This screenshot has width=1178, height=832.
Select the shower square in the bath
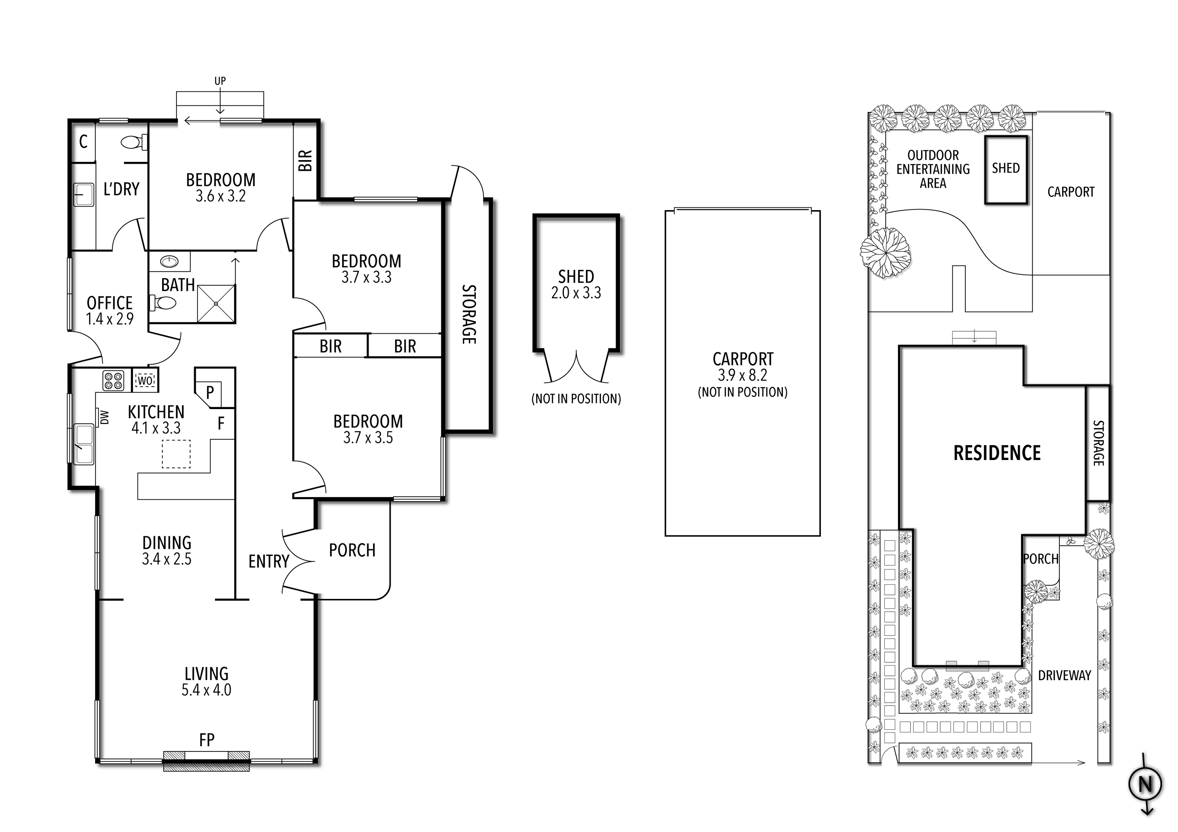pyautogui.click(x=216, y=304)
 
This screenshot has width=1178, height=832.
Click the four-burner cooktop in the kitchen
pyautogui.click(x=114, y=381)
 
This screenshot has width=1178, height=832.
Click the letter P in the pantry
pyautogui.click(x=210, y=393)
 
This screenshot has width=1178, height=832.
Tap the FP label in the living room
pyautogui.click(x=207, y=740)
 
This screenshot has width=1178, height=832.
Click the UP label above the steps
pyautogui.click(x=220, y=81)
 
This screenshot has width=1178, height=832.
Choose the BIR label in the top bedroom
pyautogui.click(x=305, y=161)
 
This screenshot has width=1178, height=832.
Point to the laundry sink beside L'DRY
pyautogui.click(x=83, y=195)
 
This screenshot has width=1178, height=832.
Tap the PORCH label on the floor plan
pyautogui.click(x=352, y=550)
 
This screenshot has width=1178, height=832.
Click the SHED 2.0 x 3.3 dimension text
pyautogui.click(x=576, y=293)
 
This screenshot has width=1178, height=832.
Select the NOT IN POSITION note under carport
pyautogui.click(x=742, y=393)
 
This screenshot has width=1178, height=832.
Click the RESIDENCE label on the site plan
pyautogui.click(x=997, y=453)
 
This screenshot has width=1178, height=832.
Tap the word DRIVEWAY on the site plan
pyautogui.click(x=1064, y=676)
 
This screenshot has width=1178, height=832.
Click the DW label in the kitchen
pyautogui.click(x=105, y=417)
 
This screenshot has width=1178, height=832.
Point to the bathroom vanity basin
pyautogui.click(x=169, y=262)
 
